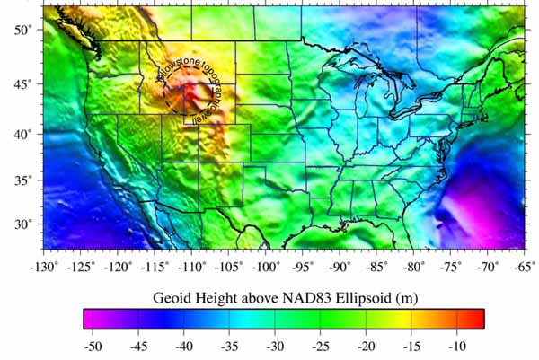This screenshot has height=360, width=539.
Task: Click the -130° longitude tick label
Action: pyautogui.click(x=44, y=267)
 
